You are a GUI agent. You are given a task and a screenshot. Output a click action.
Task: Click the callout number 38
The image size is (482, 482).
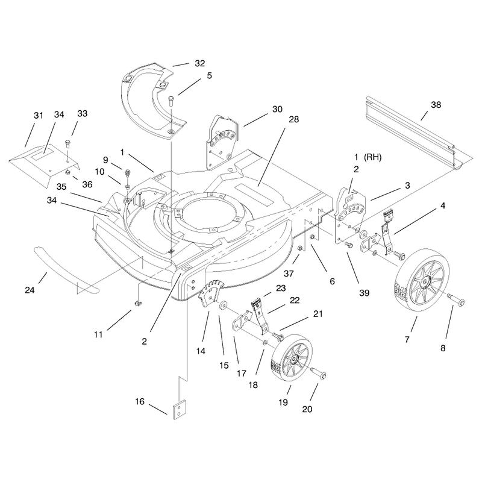click(436, 105)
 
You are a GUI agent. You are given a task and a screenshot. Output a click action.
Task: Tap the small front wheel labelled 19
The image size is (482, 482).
click(292, 357)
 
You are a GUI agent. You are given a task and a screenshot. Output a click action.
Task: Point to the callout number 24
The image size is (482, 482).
click(30, 290)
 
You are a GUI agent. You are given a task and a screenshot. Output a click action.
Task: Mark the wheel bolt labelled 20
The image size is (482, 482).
click(318, 372)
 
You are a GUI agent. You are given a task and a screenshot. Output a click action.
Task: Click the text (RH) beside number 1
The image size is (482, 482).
click(372, 157)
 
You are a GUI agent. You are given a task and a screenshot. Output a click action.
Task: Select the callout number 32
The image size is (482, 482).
click(200, 63)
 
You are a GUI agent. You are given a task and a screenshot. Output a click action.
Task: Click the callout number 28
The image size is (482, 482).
click(293, 119)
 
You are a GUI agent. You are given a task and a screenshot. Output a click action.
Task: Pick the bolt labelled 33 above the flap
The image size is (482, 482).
click(68, 144)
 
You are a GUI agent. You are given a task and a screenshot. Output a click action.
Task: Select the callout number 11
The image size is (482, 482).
click(98, 334)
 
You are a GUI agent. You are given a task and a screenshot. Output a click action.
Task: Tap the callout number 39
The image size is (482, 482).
click(365, 293)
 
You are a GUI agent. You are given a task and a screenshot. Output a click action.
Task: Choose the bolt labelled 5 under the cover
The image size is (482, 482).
click(171, 101)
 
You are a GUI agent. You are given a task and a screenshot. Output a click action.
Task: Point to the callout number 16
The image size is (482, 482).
click(140, 401)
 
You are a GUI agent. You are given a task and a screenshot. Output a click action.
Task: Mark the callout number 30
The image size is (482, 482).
click(277, 109)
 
